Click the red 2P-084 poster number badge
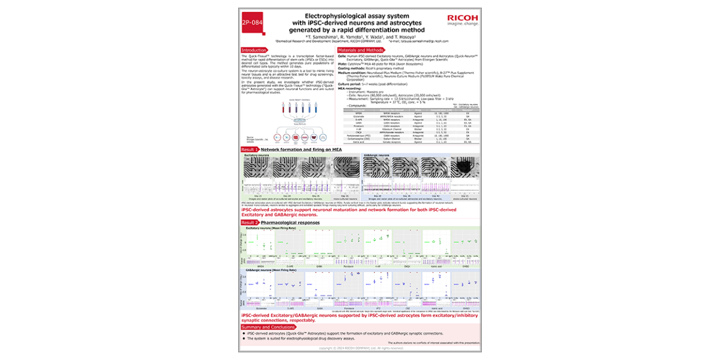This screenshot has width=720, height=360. (253, 23)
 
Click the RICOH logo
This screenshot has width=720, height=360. (462, 20)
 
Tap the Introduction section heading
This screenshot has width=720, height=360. (254, 50)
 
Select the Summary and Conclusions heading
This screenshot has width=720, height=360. (268, 327)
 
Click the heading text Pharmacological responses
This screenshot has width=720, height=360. (290, 223)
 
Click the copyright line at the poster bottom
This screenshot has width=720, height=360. (360, 348)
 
